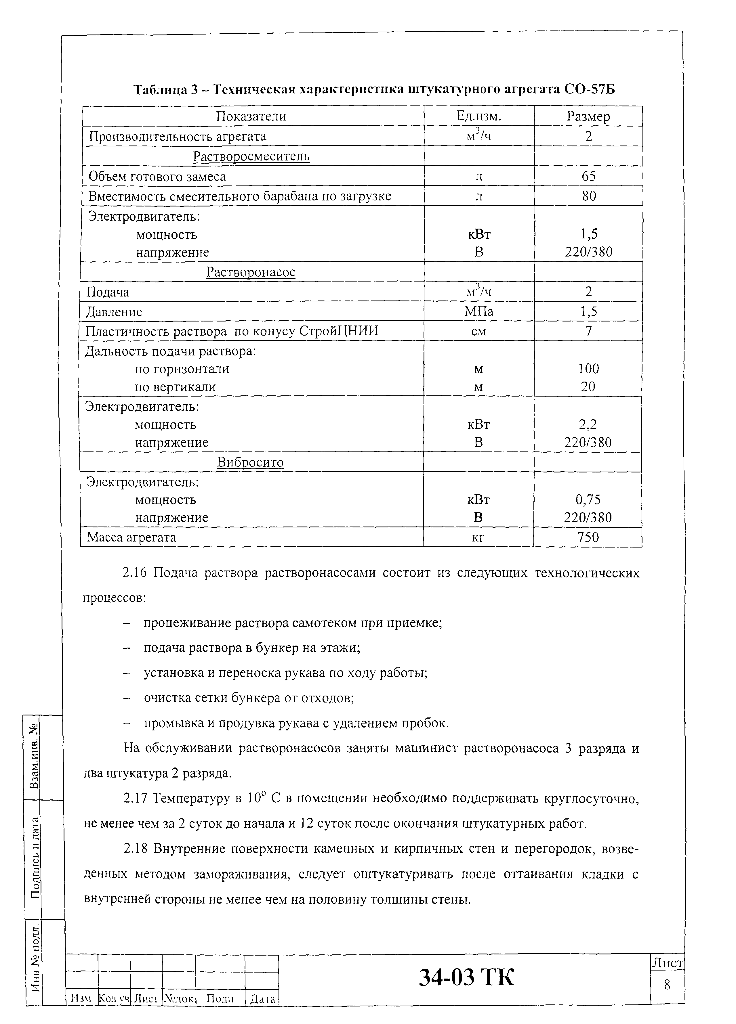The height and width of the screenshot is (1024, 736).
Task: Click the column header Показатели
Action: click(x=251, y=116)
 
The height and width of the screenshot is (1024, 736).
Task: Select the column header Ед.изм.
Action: click(x=479, y=116)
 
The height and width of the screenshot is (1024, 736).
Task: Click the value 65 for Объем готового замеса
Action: click(x=589, y=176)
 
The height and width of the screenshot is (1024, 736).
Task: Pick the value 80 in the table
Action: click(x=589, y=196)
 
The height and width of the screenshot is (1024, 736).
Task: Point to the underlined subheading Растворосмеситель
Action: click(x=251, y=156)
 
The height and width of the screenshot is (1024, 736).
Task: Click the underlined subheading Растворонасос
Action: click(x=251, y=272)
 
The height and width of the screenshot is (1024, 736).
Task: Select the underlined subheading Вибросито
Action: click(x=250, y=462)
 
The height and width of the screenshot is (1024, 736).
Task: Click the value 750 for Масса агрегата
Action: click(x=588, y=537)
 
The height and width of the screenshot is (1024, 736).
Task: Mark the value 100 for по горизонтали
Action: click(x=588, y=369)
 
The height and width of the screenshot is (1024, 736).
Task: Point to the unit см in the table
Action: click(x=478, y=331)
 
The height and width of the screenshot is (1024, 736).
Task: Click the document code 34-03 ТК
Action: click(x=466, y=977)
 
